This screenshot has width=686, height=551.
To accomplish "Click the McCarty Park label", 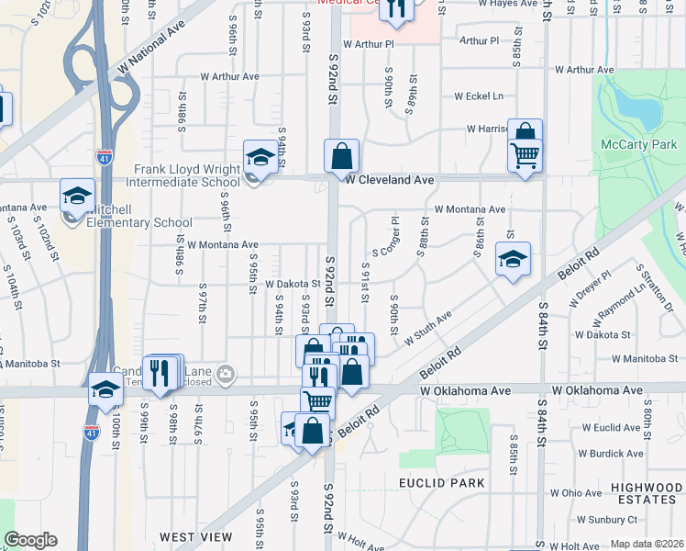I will (x=638, y=144).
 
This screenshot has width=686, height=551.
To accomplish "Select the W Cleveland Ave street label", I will (x=390, y=181).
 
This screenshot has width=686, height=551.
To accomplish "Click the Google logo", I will (x=30, y=540).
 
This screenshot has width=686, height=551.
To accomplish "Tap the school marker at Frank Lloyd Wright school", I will (x=260, y=158).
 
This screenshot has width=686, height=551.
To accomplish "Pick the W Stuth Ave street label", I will (x=426, y=328).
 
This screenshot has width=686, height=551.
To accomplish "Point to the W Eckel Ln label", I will (x=479, y=96).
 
